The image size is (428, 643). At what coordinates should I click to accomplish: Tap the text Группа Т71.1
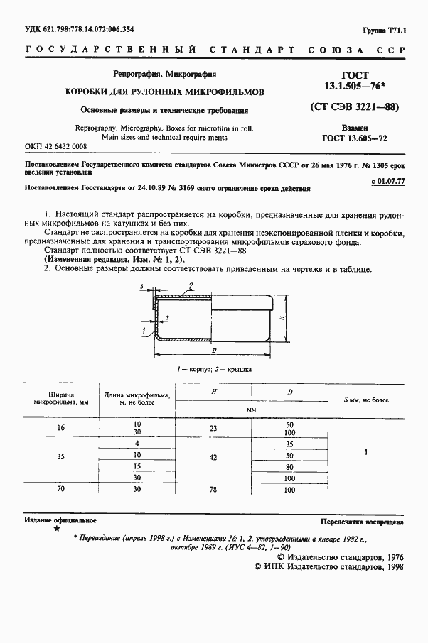(384, 31)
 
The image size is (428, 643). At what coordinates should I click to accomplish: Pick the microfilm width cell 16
(60, 428)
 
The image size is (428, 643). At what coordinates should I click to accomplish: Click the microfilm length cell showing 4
(135, 443)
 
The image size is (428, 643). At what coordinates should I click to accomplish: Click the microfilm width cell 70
(60, 490)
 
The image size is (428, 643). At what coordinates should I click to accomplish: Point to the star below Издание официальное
(57, 529)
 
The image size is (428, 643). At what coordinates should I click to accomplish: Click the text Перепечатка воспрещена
(361, 521)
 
